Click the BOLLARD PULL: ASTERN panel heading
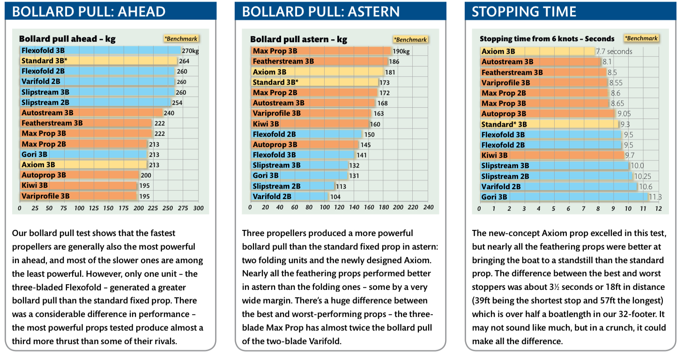pos(321,11)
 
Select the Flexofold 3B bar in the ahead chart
pos(100,51)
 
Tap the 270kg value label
pos(191,51)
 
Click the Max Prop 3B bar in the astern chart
pos(321,51)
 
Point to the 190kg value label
pos(401,51)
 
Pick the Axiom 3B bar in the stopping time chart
pos(537,51)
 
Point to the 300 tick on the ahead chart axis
pos(198,208)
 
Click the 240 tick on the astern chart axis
pos(428,207)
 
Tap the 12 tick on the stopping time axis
pos(658,208)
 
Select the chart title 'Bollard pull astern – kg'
pos(298,39)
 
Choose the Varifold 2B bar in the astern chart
pos(290,197)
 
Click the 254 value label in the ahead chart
pos(177,103)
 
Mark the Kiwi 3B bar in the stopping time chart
pos(552,155)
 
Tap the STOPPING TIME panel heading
pos(524,11)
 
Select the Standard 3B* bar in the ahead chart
pos(98,61)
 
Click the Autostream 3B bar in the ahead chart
pos(91,113)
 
